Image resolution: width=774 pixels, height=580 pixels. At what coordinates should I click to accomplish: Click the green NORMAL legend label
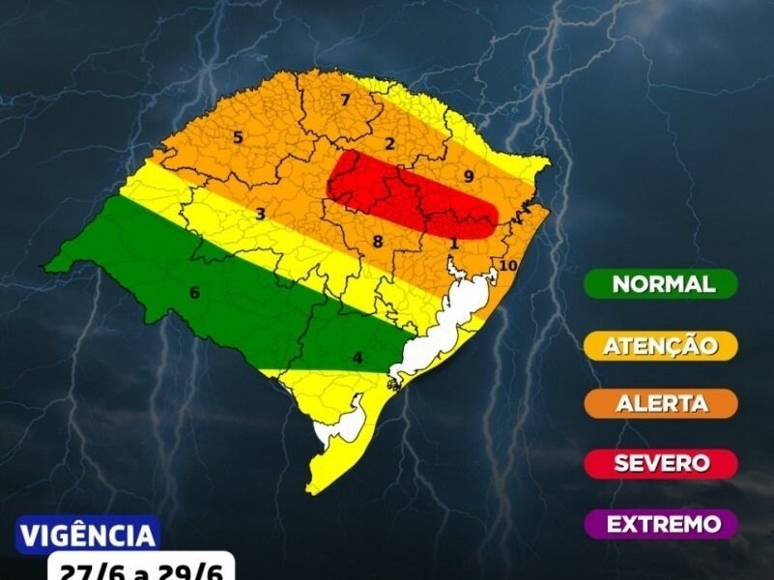662,284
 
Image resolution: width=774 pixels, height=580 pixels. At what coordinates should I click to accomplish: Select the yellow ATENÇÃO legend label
662,344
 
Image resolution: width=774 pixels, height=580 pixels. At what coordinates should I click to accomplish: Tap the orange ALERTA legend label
662,403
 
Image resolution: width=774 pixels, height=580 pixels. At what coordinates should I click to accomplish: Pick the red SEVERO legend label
662,463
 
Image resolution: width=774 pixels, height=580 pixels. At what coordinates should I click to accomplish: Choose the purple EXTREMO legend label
662,524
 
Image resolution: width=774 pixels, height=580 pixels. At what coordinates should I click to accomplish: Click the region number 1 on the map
453,244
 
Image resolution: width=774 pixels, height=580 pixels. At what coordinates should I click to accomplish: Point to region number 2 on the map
389,145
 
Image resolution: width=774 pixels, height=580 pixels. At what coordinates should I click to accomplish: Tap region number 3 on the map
261,214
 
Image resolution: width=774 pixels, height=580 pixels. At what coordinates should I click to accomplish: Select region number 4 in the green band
358,359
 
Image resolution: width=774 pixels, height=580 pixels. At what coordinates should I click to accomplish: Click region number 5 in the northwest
238,138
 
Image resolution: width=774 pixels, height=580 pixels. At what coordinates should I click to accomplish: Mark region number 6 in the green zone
194,293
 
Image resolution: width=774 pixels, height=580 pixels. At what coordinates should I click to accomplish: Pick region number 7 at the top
344,100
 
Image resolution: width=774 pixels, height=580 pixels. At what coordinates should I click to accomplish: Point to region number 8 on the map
378,242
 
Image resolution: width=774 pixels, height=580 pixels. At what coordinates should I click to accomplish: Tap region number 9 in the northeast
468,176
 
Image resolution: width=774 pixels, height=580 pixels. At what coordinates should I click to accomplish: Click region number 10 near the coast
509,266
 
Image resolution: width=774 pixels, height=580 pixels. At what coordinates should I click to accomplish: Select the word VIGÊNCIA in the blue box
87,535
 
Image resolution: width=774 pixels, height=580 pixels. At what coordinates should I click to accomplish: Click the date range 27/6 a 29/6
140,568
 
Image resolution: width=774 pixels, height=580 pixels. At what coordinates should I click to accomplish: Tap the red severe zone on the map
406,193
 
